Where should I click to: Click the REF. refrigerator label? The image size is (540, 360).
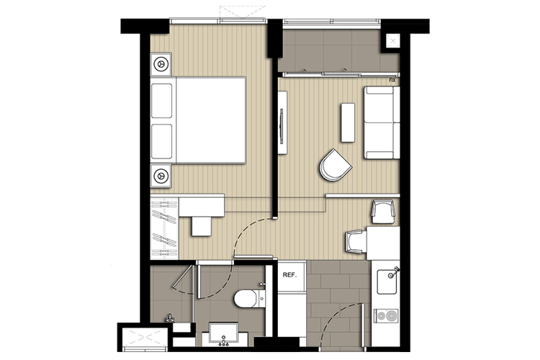[x=289, y=275]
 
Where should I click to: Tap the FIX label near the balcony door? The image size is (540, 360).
[x=392, y=80]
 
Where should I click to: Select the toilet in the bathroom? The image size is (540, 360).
[x=250, y=298]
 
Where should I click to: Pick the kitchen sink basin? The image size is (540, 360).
[x=387, y=282]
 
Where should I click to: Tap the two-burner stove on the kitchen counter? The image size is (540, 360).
[x=386, y=315]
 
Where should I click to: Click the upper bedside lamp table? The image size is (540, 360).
[x=161, y=64]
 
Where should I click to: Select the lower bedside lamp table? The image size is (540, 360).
[x=161, y=176]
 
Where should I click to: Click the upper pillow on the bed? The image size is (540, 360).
[x=162, y=101]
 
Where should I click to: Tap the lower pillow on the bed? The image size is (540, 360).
[x=162, y=141]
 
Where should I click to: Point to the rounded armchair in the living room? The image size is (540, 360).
[x=335, y=165]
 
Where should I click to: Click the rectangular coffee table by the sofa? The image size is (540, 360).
[x=348, y=122]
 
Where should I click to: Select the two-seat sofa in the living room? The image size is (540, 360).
[x=382, y=122]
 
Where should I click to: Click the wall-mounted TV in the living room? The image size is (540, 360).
[x=282, y=122]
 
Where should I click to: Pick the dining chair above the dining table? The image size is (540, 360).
[x=383, y=212]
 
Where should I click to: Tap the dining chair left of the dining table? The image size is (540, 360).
[x=356, y=242]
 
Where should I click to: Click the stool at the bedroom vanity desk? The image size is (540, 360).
[x=202, y=226]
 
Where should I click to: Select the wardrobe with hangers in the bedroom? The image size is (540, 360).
[x=165, y=228]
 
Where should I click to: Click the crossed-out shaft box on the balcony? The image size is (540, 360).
[x=393, y=41]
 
